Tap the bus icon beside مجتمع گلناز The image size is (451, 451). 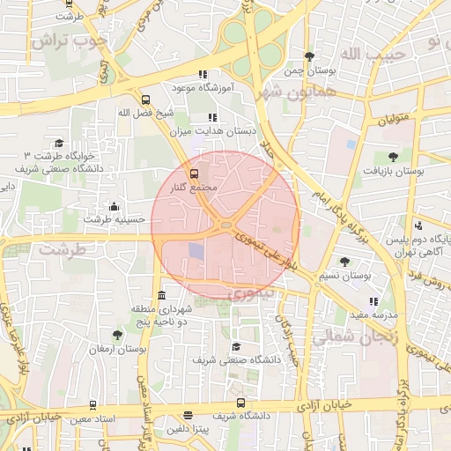coord(195,174)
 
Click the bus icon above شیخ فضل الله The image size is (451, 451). coord(145,100)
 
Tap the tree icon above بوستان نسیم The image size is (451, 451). coord(344,262)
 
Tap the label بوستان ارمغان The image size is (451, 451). coord(116,349)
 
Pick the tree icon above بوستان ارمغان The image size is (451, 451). coord(117,335)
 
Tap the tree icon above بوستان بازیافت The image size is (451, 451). coord(405,156)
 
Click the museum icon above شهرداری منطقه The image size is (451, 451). coord(160,296)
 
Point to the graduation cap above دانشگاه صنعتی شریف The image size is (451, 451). coord(235,347)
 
